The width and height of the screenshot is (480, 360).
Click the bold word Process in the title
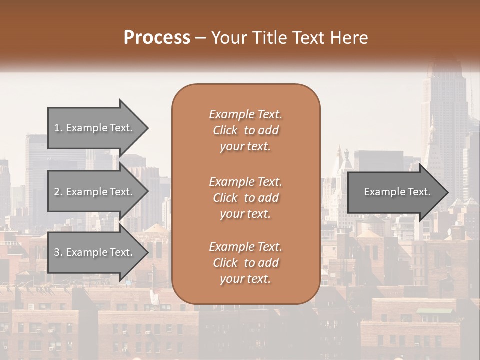coord(157,38)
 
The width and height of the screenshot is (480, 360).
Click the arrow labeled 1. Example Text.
coord(95,128)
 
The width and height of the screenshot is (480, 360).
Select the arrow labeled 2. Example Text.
coord(95,192)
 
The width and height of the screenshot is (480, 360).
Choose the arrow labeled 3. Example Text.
coord(95,252)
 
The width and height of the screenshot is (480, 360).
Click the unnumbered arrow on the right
coord(395,192)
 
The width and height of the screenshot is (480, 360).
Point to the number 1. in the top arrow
coord(58,128)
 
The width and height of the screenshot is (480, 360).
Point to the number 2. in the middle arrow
coord(58,192)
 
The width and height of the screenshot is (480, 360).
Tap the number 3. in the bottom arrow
coord(58,252)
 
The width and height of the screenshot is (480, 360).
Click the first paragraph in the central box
coord(245,130)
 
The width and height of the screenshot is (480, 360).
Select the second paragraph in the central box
coord(245,197)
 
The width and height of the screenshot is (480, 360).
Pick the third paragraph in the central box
coord(245,263)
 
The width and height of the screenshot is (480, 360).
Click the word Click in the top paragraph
coord(225,130)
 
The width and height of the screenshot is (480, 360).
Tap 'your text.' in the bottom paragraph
coord(245,279)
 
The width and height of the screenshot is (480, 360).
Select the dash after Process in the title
coord(201,38)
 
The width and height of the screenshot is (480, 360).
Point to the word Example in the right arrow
coord(382,192)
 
